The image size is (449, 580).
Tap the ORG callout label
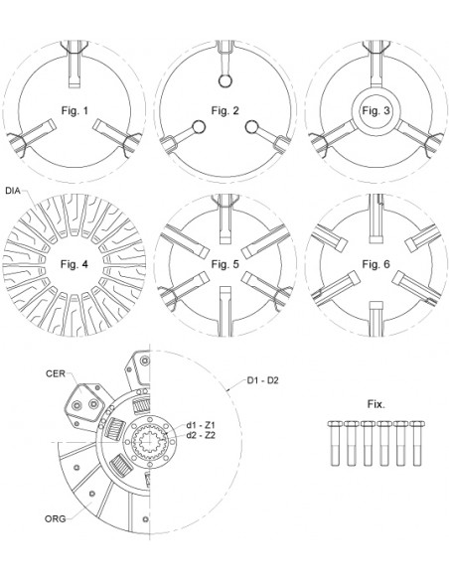(57, 517)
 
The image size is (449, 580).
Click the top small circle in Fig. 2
(224, 81)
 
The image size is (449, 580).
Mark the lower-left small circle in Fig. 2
(198, 126)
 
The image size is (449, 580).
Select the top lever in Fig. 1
(75, 61)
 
